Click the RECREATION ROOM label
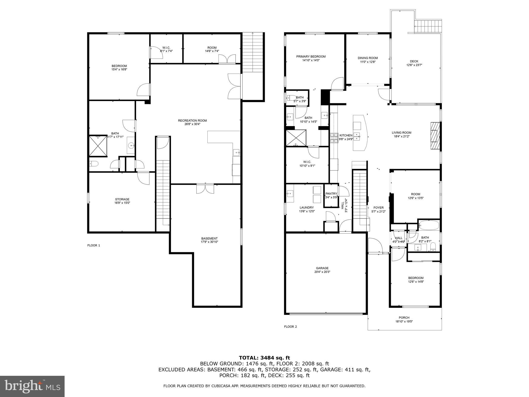tap(192, 120)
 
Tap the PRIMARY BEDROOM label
tap(311, 57)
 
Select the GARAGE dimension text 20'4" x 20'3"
tap(322, 272)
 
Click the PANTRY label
tap(331, 194)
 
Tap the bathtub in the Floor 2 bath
tap(429, 225)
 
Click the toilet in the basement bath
tap(93, 164)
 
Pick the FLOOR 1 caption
tap(94, 246)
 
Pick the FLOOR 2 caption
tap(290, 327)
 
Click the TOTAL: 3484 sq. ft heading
tap(264, 358)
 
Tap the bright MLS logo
tap(32, 386)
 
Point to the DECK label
tap(414, 61)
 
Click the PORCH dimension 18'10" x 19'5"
tap(404, 322)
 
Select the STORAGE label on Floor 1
tap(122, 199)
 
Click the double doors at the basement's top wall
tap(205, 188)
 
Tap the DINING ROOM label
tap(368, 58)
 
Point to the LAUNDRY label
tap(307, 208)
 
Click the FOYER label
tap(378, 208)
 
